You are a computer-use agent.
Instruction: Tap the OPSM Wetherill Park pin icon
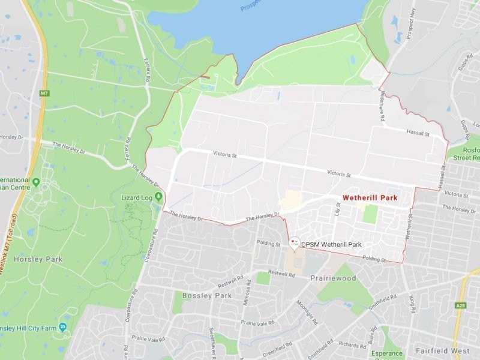[x=294, y=243]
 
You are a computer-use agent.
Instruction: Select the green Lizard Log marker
[x=158, y=196]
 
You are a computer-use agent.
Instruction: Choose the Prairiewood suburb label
[x=333, y=278]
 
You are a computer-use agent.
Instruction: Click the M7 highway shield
[x=44, y=94]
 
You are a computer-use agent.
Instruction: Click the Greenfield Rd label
[x=276, y=346]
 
